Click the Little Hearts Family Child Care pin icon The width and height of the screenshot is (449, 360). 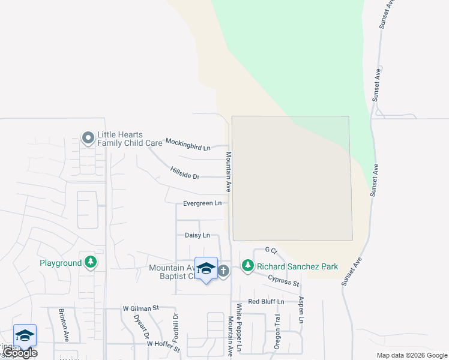point(88,139)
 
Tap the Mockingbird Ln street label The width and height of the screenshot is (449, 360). point(188,144)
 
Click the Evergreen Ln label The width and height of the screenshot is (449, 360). point(202,203)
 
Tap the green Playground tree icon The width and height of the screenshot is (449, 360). point(91,262)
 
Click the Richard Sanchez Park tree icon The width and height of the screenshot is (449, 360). point(247,266)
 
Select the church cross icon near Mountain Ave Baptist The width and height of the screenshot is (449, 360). point(223,271)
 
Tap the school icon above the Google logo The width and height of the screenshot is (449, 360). point(25,335)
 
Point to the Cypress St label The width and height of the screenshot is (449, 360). point(283,281)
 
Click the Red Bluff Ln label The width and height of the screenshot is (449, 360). point(265,301)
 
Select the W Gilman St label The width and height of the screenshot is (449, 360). point(140,307)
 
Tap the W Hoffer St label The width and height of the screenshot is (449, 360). point(163,345)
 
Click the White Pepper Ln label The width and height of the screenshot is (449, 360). point(238,327)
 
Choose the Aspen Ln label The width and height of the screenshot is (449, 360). point(301,310)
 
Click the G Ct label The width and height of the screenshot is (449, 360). point(271,250)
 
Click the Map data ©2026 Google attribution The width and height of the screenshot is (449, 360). point(412,355)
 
